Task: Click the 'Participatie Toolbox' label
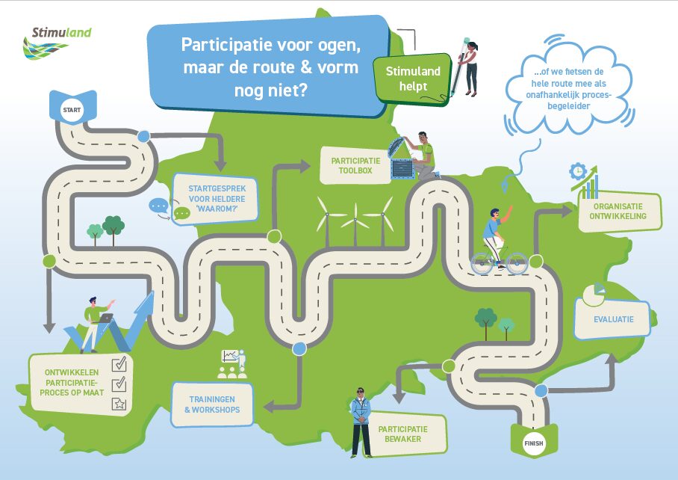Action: tap(355, 165)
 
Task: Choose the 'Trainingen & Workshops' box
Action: tap(212, 405)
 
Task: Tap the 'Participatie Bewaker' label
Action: tap(403, 434)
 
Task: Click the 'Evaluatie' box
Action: tap(614, 319)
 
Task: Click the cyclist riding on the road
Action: tap(494, 232)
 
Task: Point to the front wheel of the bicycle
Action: tap(516, 262)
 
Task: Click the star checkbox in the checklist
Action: tap(119, 404)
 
